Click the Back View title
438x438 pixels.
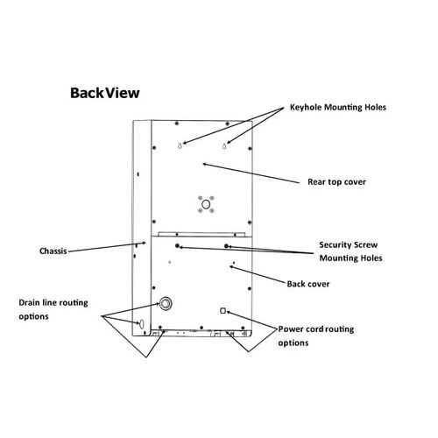tap(105, 93)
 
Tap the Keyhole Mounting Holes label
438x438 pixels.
tap(338, 108)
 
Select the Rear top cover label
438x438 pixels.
tap(336, 182)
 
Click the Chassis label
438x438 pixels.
tap(53, 251)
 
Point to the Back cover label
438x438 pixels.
tap(308, 284)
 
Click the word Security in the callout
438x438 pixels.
tap(335, 245)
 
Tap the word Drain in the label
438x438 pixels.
tap(29, 302)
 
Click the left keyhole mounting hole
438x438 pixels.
tap(180, 145)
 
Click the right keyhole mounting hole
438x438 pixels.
tap(224, 145)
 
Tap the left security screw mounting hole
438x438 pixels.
tap(177, 246)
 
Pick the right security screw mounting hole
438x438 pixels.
tap(226, 246)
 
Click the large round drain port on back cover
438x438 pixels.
tap(166, 303)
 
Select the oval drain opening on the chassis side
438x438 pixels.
tap(142, 323)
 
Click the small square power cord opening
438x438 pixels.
tap(223, 311)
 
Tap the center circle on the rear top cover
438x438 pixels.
tap(206, 204)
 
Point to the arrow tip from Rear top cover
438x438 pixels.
tap(203, 164)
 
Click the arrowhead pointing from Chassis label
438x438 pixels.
tap(145, 243)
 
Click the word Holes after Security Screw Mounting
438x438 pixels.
tap(371, 258)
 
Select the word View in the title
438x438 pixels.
tap(123, 93)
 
